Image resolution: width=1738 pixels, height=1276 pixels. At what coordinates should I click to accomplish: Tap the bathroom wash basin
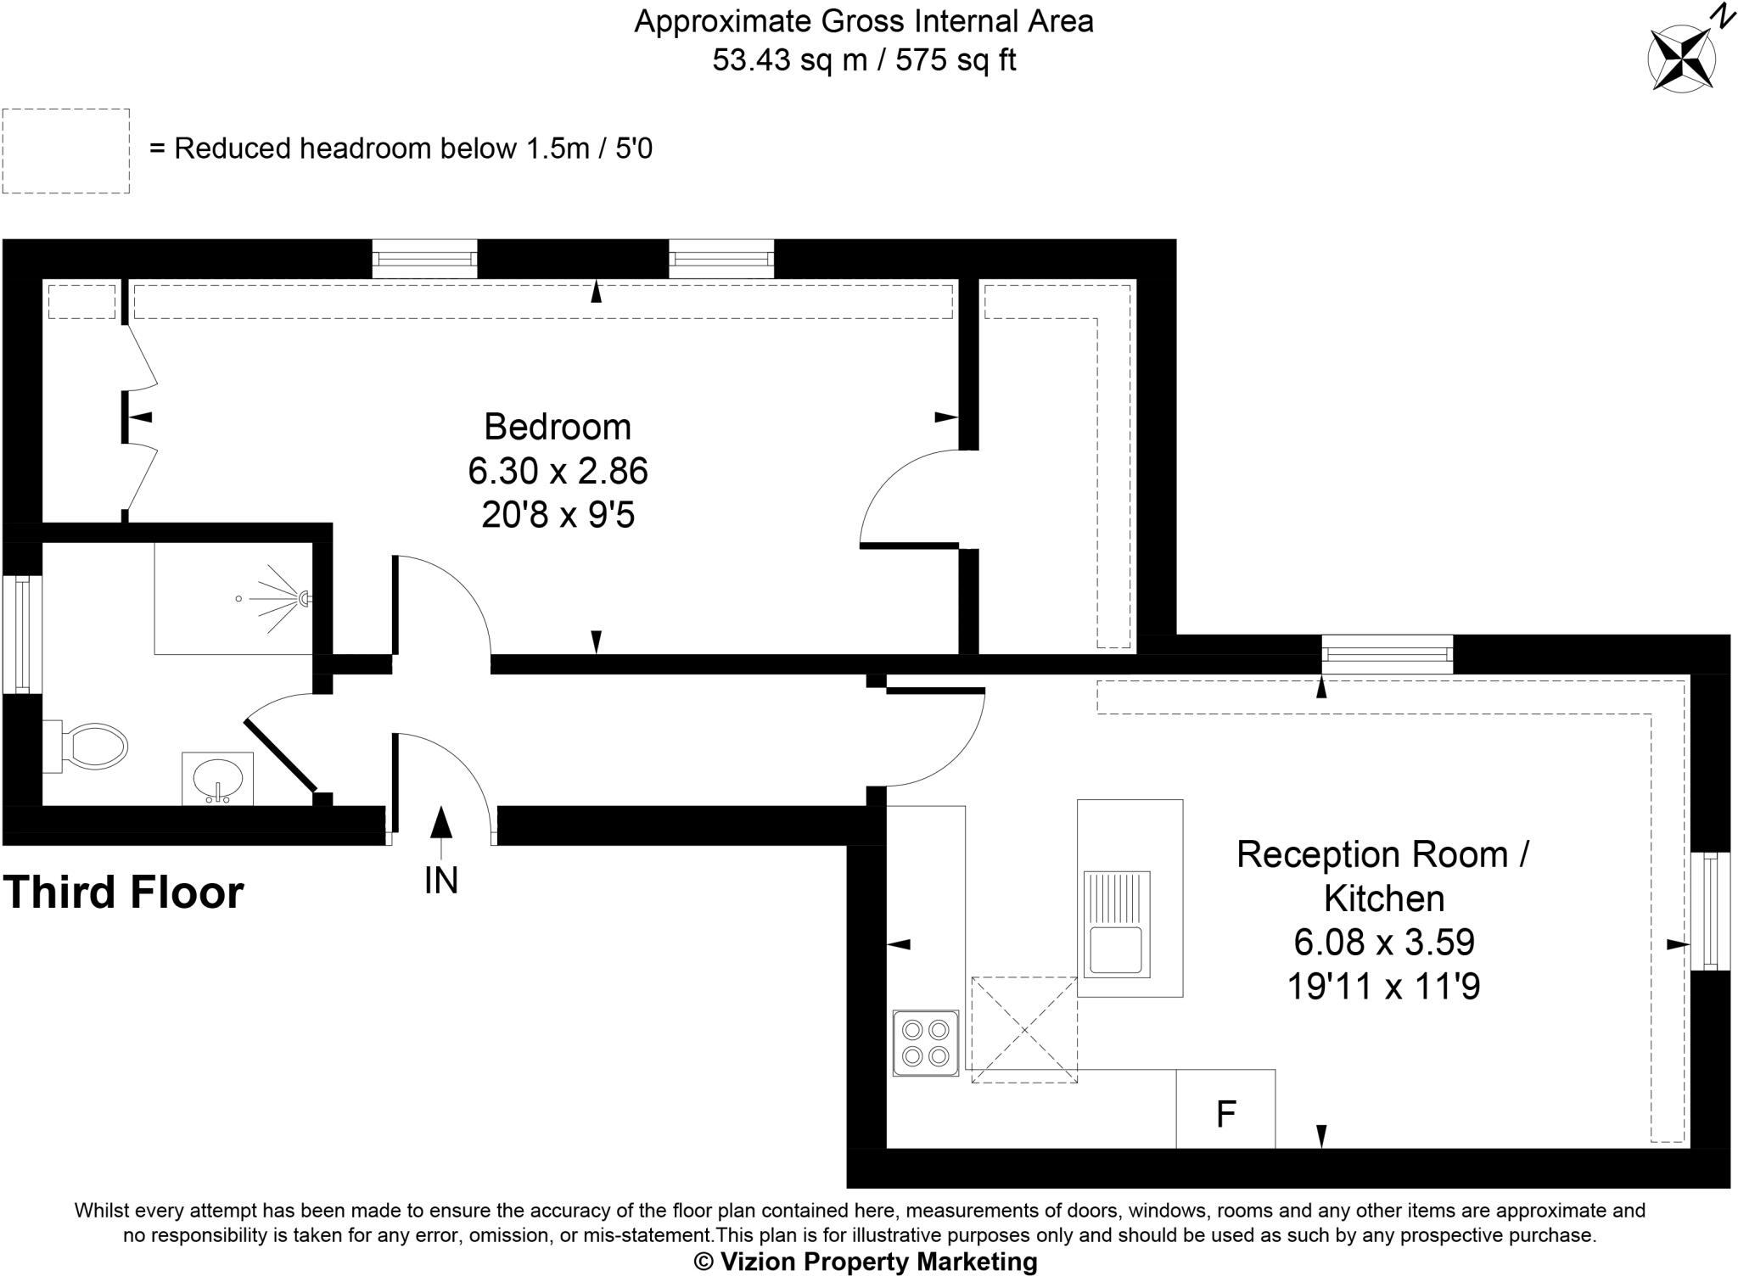click(218, 777)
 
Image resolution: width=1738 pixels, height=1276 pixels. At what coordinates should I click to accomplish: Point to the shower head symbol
click(303, 599)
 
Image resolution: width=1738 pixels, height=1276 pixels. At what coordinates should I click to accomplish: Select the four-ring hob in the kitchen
click(925, 1043)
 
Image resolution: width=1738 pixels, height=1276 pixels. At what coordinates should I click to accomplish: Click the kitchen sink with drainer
click(1116, 924)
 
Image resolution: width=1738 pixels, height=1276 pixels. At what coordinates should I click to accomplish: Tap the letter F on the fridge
click(1225, 1114)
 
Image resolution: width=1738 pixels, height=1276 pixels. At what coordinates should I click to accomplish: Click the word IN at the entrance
click(440, 881)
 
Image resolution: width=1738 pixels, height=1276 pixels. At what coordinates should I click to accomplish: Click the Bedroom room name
click(558, 427)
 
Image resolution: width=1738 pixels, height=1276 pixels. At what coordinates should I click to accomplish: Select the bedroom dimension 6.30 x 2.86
click(558, 471)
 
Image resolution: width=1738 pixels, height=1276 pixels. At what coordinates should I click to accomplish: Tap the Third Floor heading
click(124, 893)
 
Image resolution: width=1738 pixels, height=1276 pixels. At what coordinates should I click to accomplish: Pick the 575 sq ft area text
click(956, 60)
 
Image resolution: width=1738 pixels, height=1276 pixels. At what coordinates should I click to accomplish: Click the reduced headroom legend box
click(66, 151)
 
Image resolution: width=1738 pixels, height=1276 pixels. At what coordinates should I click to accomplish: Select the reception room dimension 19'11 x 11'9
click(1383, 986)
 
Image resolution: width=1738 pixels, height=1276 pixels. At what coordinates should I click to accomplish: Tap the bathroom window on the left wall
click(23, 634)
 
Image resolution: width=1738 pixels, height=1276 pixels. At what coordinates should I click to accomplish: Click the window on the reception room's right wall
click(1709, 910)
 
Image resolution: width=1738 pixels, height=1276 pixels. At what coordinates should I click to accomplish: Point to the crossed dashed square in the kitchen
click(1024, 1030)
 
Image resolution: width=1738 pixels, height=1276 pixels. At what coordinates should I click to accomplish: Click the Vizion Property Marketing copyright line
click(866, 1262)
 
